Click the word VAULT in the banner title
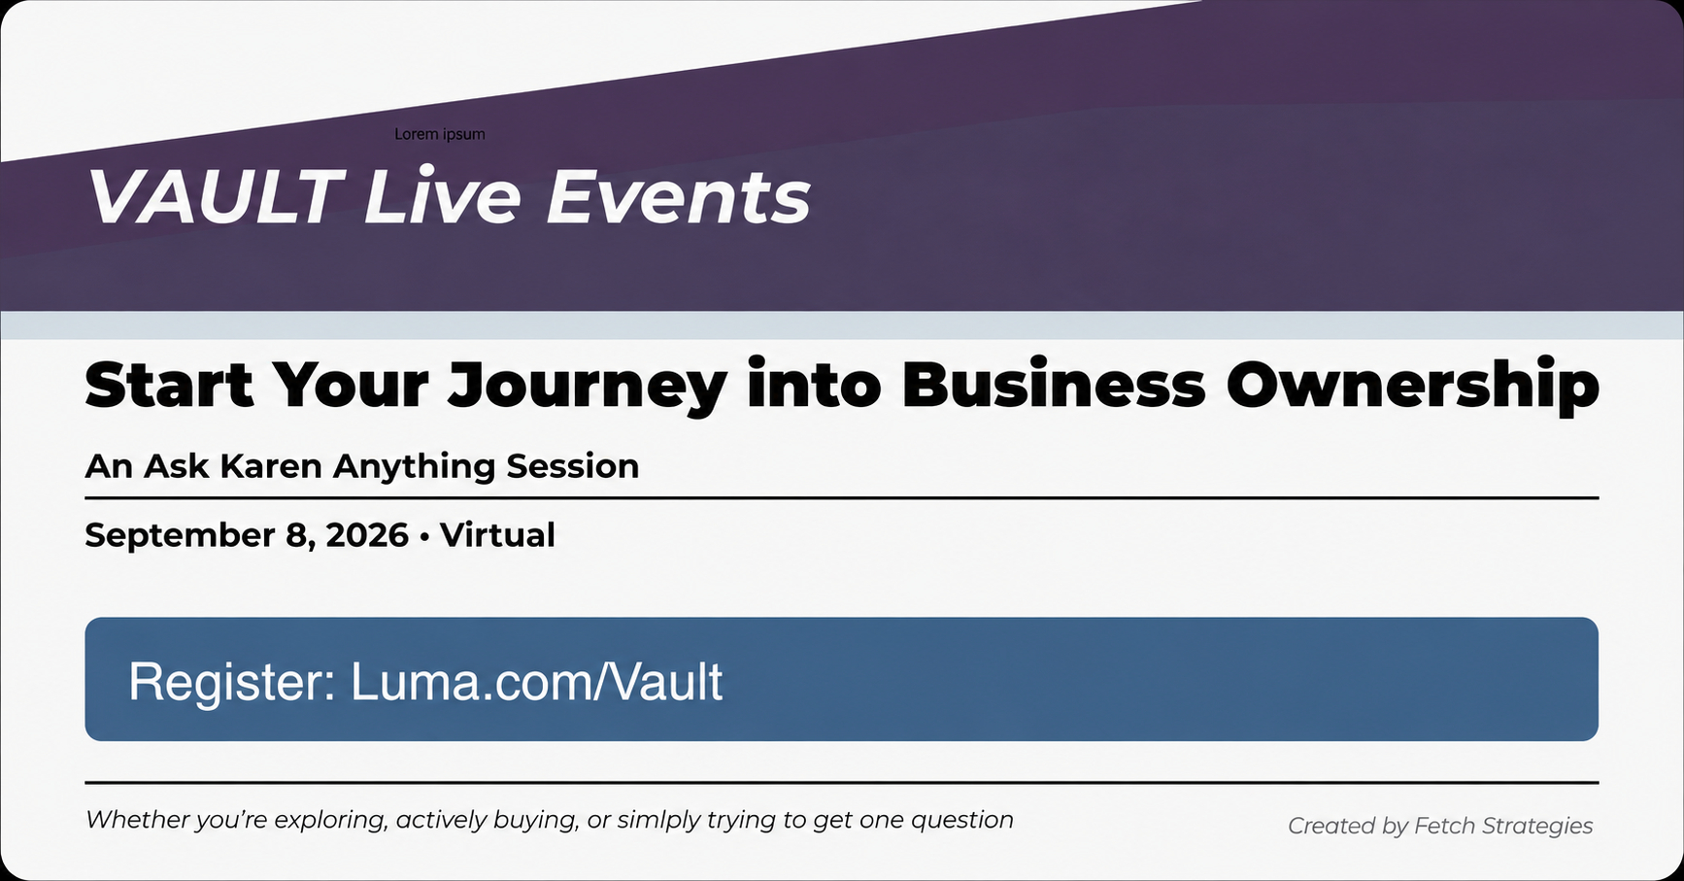click(215, 197)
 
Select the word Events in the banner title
click(678, 197)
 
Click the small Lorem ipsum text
click(440, 134)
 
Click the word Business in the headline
click(1054, 385)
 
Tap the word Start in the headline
click(169, 385)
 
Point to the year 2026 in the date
click(367, 535)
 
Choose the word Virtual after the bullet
click(497, 535)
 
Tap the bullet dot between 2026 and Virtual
click(424, 536)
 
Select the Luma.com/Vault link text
click(536, 681)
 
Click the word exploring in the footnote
click(330, 821)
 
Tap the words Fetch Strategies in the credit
click(1503, 827)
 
